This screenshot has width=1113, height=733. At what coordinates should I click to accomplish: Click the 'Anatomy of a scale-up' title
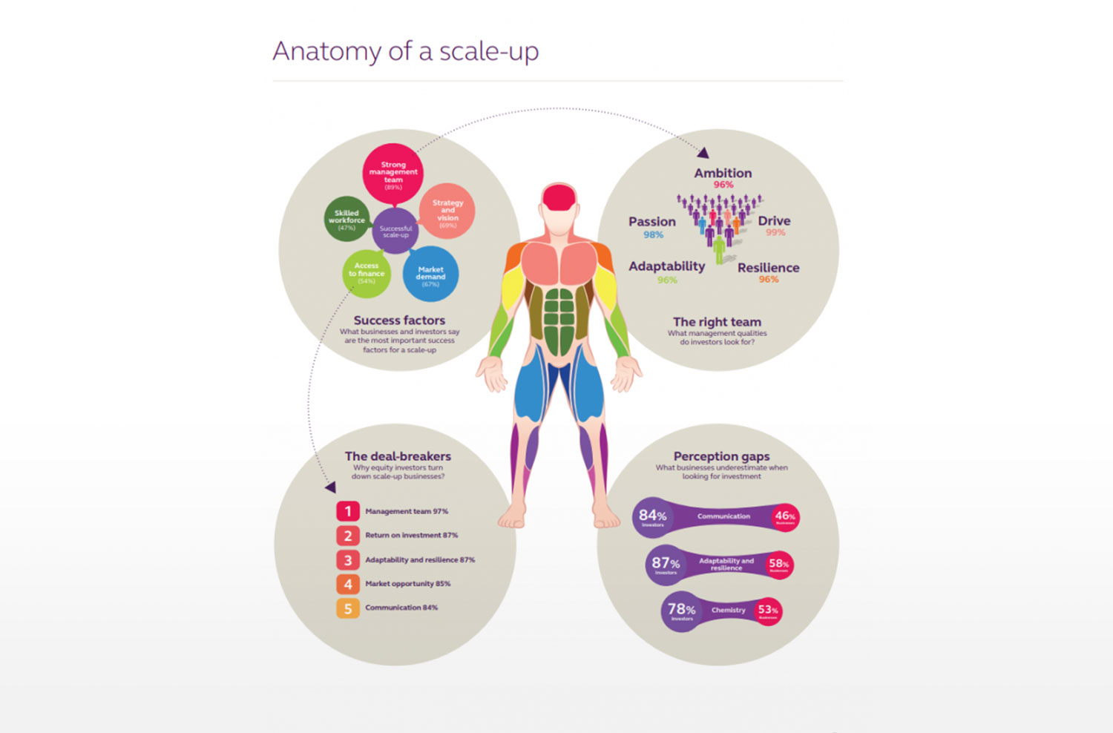pos(405,51)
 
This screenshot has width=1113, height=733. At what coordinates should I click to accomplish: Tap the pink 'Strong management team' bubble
pos(393,174)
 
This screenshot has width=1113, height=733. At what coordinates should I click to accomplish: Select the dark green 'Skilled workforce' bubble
pos(347,219)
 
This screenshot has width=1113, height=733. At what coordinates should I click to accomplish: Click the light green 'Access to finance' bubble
pos(367,272)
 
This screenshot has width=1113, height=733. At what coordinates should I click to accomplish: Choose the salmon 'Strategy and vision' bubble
pos(447,211)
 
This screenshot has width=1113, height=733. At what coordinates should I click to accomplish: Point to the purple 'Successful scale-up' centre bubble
pos(395,231)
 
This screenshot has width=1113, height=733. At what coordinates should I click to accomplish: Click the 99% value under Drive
pos(775,233)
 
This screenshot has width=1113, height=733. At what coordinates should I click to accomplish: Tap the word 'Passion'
pos(652,222)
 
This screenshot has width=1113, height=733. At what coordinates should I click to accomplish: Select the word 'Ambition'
pos(723,173)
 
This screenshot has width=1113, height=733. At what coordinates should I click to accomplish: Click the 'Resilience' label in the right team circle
pos(768,268)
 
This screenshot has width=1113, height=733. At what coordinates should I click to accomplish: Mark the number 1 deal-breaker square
pos(347,511)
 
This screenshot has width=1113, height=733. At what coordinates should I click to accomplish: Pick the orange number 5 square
pos(347,608)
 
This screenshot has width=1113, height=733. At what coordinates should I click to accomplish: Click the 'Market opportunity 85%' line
pos(407,584)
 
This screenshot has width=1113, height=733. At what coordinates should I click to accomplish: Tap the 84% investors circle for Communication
pos(652,516)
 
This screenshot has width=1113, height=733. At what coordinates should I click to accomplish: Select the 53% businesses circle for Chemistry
pos(768,611)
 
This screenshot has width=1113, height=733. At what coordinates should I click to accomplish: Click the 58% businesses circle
pos(778,565)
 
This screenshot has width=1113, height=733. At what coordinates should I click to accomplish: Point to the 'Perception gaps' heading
pos(721,456)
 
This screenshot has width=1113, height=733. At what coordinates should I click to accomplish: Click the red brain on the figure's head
pos(559,196)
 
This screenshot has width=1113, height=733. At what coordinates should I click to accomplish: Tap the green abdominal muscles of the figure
pos(559,319)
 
